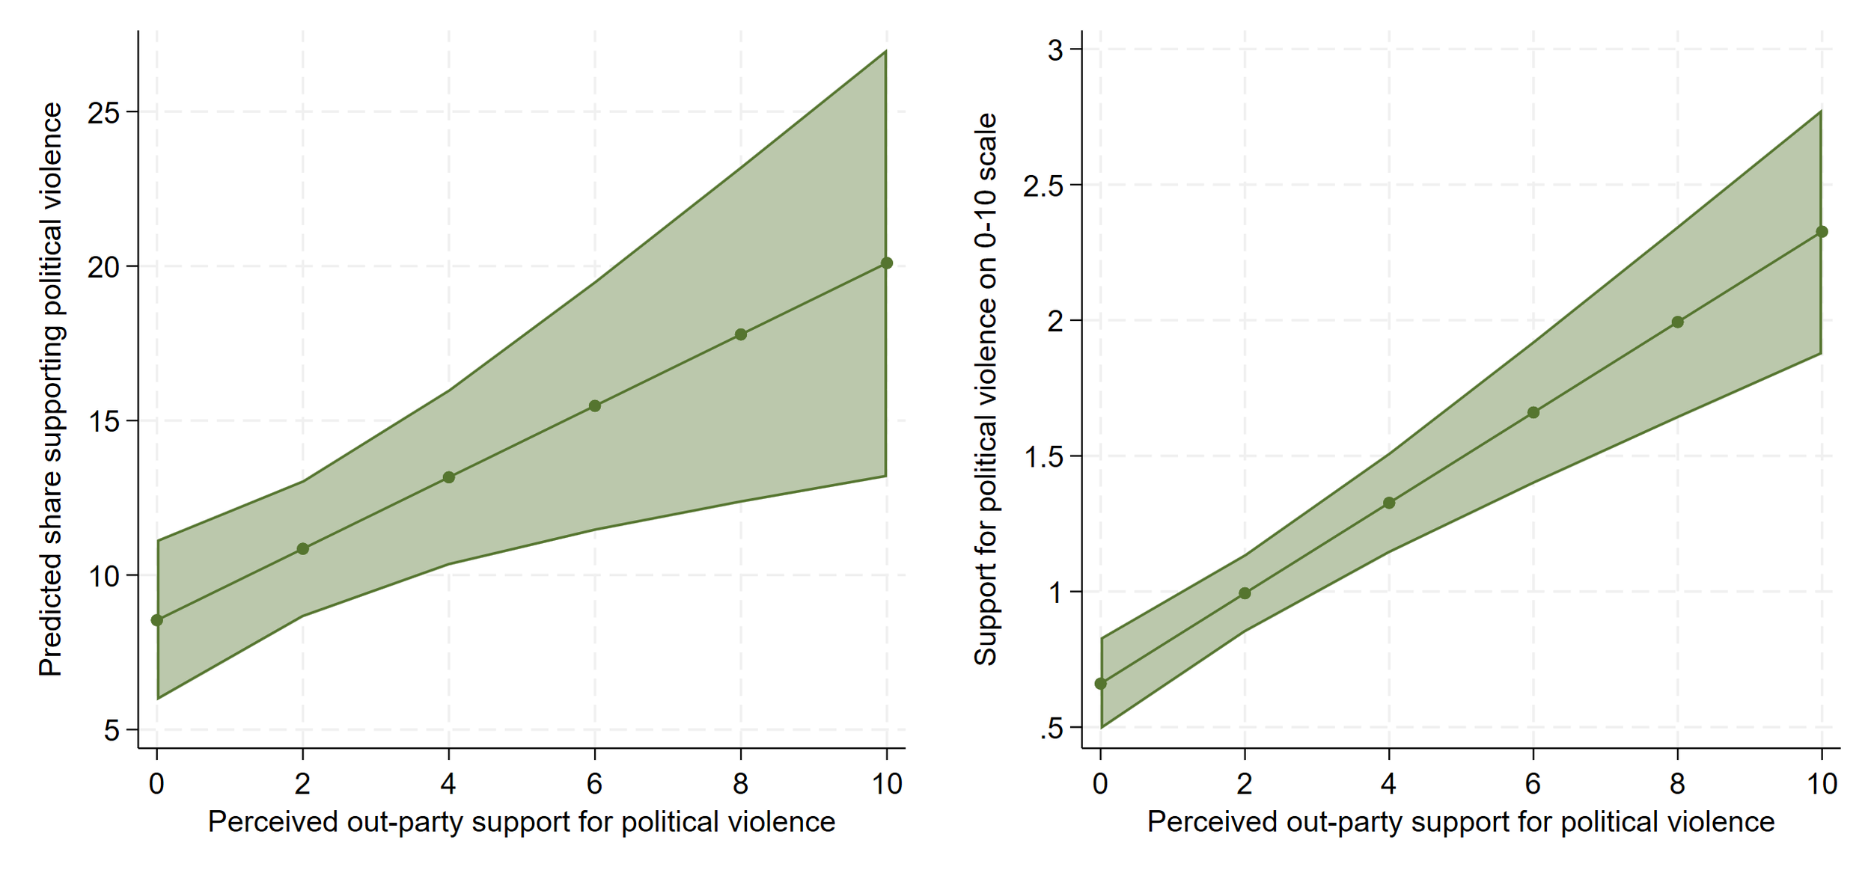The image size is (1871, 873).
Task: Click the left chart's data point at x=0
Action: pyautogui.click(x=157, y=620)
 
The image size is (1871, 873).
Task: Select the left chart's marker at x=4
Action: pyautogui.click(x=449, y=477)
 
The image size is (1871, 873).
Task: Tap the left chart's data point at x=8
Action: pyautogui.click(x=741, y=334)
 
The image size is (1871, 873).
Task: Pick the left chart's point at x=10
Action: pyautogui.click(x=887, y=263)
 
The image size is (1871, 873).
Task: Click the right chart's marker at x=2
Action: pyautogui.click(x=1245, y=593)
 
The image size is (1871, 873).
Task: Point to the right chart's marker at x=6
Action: pyautogui.click(x=1533, y=413)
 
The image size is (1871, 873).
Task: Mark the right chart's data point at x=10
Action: pyautogui.click(x=1822, y=232)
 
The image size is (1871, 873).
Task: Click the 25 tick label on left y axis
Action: pyautogui.click(x=103, y=113)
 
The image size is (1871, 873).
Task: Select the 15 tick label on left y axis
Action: pyautogui.click(x=103, y=422)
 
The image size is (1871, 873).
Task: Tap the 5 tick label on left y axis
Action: pyautogui.click(x=112, y=730)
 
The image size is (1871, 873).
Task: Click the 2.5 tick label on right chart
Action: pyautogui.click(x=1043, y=186)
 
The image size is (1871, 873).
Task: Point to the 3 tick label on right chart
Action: pyautogui.click(x=1056, y=51)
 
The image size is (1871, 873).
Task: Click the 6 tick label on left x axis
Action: pyautogui.click(x=595, y=784)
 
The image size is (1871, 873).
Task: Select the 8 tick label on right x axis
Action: pyautogui.click(x=1678, y=784)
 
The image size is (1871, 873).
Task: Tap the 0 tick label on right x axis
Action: pyautogui.click(x=1100, y=784)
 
